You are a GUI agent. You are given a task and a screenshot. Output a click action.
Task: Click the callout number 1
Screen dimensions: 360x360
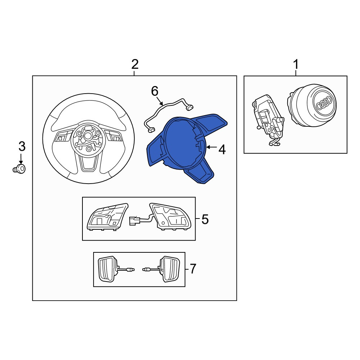296,64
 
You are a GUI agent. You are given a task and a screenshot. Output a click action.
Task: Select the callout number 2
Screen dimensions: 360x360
135,64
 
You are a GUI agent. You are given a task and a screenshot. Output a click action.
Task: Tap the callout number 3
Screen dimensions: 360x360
22,147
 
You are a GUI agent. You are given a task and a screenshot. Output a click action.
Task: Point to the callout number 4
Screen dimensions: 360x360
222,150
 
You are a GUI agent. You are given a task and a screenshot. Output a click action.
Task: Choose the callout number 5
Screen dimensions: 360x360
205,219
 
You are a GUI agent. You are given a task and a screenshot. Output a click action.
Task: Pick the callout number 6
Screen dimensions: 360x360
155,91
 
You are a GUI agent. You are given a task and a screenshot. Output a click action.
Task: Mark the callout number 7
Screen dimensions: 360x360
193,269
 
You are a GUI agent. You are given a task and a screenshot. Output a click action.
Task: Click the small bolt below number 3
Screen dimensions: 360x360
19,169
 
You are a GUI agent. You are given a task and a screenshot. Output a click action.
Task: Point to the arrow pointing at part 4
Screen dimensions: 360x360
212,147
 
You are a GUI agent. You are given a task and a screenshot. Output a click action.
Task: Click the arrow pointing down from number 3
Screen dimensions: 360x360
21,159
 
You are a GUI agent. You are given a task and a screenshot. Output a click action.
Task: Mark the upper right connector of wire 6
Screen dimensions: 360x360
190,107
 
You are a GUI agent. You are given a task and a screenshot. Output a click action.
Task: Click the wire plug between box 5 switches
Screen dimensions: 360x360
134,221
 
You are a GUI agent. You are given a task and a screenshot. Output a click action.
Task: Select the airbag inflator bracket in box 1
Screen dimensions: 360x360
268,120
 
